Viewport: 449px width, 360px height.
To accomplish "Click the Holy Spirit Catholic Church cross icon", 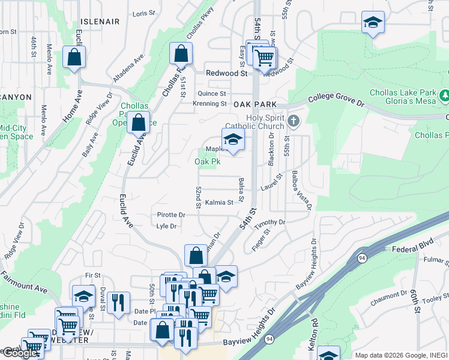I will pyautogui.click(x=294, y=121).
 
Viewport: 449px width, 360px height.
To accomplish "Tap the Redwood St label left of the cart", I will pyautogui.click(x=226, y=73).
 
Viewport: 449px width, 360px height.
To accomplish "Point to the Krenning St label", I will pyautogui.click(x=209, y=104).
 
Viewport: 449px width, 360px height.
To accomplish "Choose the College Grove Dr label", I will pyautogui.click(x=337, y=100).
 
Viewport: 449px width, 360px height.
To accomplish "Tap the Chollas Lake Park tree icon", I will pyautogui.click(x=445, y=95).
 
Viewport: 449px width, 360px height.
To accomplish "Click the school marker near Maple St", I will pyautogui.click(x=233, y=140).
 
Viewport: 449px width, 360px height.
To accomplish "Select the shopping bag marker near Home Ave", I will pyautogui.click(x=74, y=59).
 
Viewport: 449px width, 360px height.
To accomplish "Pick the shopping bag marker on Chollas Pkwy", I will pyautogui.click(x=181, y=54).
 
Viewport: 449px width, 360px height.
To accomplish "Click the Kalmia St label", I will pyautogui.click(x=218, y=203).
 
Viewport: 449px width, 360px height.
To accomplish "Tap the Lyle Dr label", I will pyautogui.click(x=166, y=226).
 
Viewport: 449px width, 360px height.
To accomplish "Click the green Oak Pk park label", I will pyautogui.click(x=207, y=161).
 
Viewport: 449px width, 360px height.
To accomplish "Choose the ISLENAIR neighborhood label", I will pyautogui.click(x=100, y=21).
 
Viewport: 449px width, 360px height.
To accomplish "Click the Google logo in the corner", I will pyautogui.click(x=20, y=353).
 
